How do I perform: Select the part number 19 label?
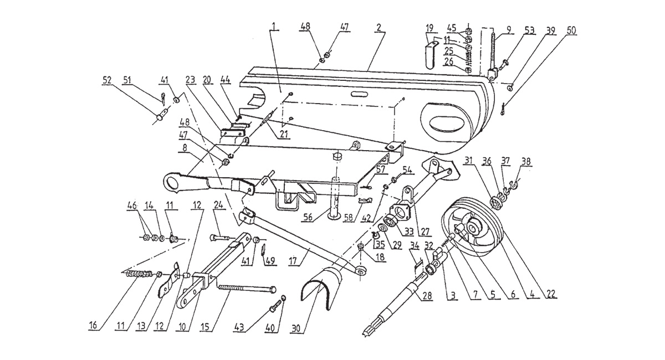429,28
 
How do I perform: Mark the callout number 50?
570,29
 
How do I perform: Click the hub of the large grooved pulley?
474,227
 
